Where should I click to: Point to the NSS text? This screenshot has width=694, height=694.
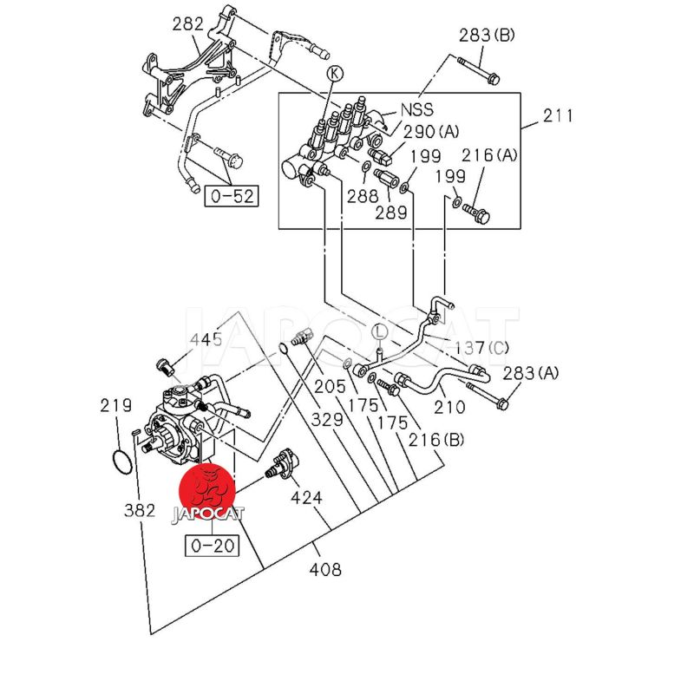(x=416, y=111)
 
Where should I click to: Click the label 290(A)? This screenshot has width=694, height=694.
(x=430, y=132)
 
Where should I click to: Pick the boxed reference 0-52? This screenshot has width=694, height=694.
(x=231, y=196)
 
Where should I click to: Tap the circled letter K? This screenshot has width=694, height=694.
(x=335, y=74)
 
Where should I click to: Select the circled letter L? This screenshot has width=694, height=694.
(x=379, y=331)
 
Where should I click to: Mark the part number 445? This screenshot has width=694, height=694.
(x=206, y=339)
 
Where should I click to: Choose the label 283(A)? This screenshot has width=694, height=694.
(x=531, y=373)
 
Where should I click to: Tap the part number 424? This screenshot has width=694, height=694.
(x=306, y=497)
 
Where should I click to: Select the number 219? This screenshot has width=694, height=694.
(x=115, y=405)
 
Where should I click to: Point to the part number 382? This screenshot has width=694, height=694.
(x=139, y=510)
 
